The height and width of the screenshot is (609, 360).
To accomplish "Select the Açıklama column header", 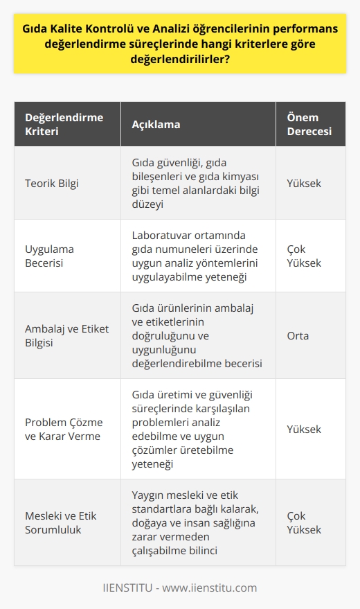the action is point(156,125).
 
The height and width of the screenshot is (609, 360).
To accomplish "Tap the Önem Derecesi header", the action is point(309,125).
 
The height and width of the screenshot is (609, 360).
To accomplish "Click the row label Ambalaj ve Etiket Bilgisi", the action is point(64,335).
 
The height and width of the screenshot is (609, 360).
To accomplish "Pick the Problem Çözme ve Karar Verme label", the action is point(64,430).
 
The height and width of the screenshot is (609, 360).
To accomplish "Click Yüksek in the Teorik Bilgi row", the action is point(304,183).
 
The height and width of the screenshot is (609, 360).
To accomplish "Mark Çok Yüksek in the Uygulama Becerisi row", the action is point(304,256).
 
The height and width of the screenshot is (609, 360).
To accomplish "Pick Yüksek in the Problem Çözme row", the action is point(304,430).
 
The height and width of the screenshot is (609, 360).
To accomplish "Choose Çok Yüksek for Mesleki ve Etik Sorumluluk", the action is point(304,523).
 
